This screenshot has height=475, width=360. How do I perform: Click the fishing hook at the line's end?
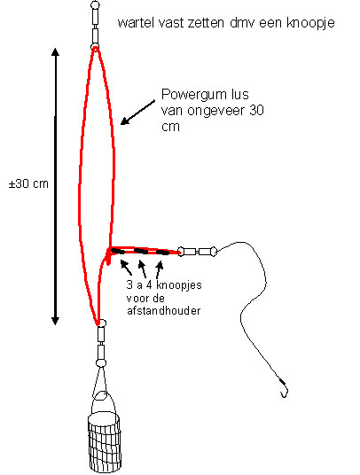coord(284,389)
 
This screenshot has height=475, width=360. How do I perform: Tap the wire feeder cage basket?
coord(105,442)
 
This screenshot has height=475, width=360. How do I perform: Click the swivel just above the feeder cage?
coord(100,343)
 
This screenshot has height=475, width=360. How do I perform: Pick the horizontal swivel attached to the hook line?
coord(198,252)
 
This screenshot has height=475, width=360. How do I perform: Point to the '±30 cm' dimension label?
coord(28,183)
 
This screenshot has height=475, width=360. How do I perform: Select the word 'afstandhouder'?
coord(163,311)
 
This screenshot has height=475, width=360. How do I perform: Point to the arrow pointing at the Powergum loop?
coord(137,113)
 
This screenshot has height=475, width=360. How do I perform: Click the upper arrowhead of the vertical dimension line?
coord(55,52)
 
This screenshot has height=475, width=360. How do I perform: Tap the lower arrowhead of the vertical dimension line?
coord(55,321)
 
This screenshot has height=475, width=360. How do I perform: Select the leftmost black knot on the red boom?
coord(118,251)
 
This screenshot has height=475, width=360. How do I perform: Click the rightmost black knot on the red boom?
coord(162,252)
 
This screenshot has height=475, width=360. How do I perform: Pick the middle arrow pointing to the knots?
coord(142,269)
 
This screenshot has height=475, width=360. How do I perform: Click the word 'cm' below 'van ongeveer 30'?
coord(170,127)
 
